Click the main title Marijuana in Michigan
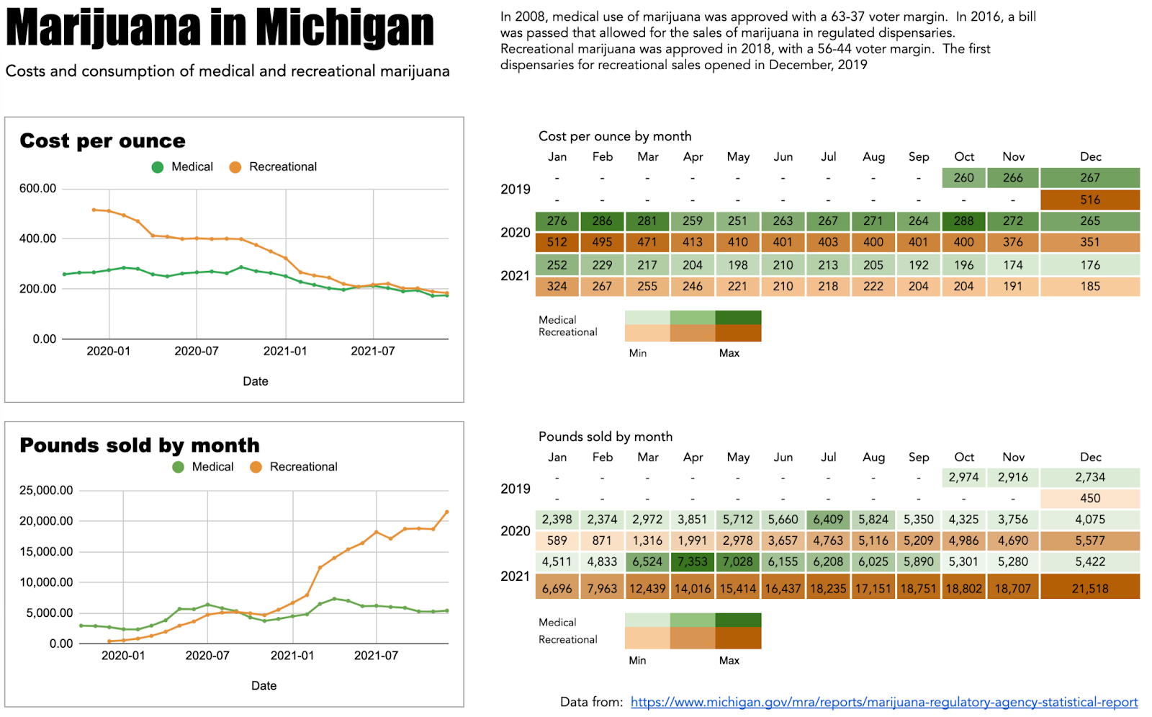tap(220, 29)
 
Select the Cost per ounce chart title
tap(102, 141)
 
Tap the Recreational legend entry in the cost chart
tap(273, 166)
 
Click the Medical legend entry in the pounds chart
tap(203, 467)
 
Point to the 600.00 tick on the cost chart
tap(37, 188)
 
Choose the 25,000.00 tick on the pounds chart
tap(46, 490)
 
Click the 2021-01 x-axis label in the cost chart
tap(285, 351)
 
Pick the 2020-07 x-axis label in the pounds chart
tap(207, 655)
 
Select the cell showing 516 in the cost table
tap(1089, 200)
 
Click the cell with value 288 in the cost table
tap(963, 221)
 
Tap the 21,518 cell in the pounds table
tap(1089, 589)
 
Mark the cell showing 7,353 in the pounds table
tap(692, 561)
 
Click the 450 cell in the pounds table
tap(1089, 498)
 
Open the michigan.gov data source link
tap(884, 702)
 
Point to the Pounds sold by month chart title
tap(140, 445)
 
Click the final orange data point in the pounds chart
tap(446, 512)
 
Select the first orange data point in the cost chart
tap(94, 210)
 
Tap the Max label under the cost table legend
tap(729, 353)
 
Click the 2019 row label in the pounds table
tap(516, 489)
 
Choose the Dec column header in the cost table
tap(1090, 156)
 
